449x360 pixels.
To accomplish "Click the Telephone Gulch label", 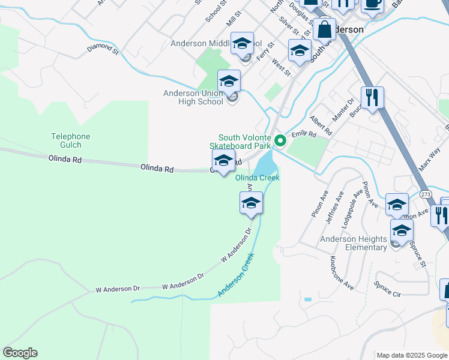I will coord(71,140).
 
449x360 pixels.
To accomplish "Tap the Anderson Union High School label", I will coord(193,97).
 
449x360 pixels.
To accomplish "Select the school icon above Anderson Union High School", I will coord(229,80).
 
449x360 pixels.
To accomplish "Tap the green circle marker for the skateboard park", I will coord(280,142).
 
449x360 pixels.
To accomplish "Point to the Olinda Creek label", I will coord(258,178).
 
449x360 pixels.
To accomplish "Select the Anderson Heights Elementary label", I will coord(353,243).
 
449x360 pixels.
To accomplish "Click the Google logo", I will coord(20,353).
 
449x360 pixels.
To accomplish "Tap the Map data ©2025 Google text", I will coord(412,355).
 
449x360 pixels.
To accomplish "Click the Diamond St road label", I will coord(102,48).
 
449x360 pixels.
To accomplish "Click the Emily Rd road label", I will coord(304,134).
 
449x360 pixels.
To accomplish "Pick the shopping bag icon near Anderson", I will coord(324,29).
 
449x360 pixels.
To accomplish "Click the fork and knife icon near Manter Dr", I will coord(372,97).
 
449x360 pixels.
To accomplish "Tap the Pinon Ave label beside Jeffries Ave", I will coord(316,205).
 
